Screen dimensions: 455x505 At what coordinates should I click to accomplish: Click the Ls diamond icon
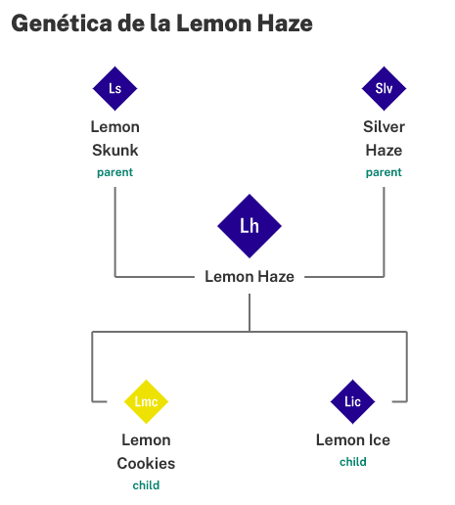coord(114,88)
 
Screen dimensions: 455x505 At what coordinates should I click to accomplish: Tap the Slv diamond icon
coord(384,88)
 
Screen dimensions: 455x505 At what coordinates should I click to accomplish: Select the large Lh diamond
coord(250,226)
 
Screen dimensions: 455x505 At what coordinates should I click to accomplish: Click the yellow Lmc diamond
coord(146,401)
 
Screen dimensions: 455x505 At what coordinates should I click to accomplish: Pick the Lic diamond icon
coord(352,401)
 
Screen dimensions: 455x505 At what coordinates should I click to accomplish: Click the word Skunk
coord(115,151)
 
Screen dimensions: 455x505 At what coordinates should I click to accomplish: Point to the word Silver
coord(384,127)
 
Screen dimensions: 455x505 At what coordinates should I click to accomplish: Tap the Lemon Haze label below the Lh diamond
coord(250,277)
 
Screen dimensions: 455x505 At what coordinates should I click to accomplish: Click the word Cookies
coord(146,464)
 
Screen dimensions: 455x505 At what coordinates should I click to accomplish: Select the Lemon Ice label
coord(353,440)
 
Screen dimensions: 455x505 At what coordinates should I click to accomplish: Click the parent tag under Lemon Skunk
coord(114,172)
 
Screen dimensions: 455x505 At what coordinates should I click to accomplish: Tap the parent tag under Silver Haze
coord(384,172)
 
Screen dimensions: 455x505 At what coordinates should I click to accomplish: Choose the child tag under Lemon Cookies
coord(146,485)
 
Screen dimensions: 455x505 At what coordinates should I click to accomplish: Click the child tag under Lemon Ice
coord(353,462)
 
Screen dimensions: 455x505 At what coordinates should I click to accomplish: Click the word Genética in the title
coord(62,23)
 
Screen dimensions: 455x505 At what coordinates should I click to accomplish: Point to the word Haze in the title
coord(285,23)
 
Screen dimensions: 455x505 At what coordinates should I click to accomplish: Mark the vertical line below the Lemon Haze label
coord(250,312)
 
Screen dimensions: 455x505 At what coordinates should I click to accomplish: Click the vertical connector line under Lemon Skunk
coord(114,232)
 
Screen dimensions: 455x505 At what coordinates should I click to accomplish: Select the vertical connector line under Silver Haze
coord(384,232)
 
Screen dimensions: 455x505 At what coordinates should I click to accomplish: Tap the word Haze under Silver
coord(384,151)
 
